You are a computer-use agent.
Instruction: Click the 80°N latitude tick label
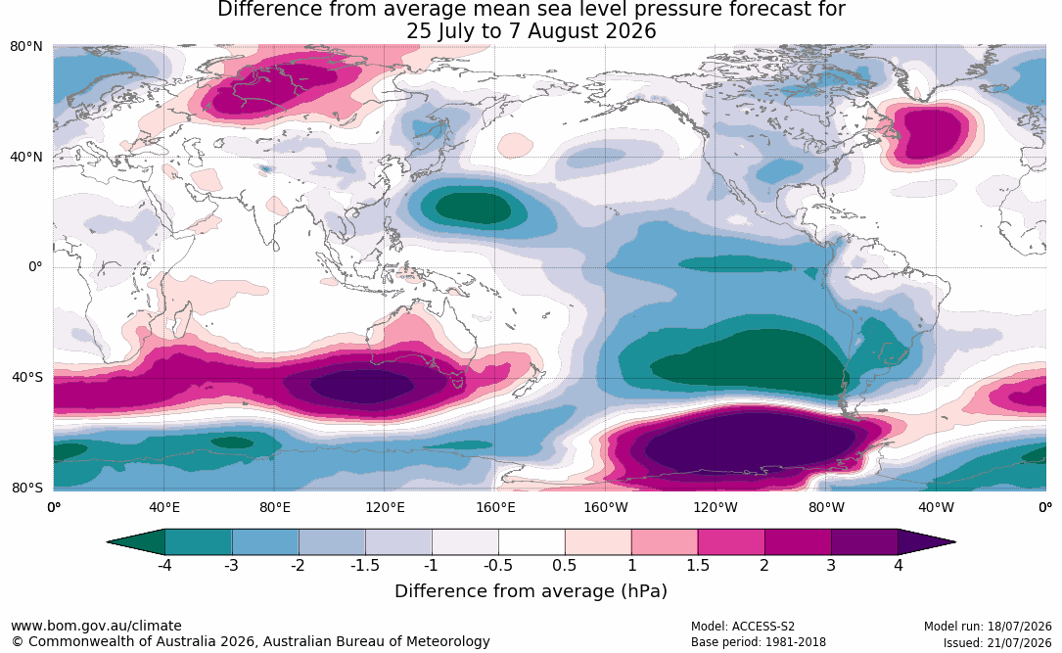coord(25,47)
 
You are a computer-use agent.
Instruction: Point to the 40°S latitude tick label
coord(27,377)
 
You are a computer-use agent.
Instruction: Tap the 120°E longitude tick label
coord(385,507)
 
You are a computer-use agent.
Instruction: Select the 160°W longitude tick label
coord(606,507)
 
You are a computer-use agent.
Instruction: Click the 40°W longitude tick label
coord(936,507)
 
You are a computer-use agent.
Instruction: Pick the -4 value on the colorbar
coord(163,565)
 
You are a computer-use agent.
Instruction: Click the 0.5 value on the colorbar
coord(564,565)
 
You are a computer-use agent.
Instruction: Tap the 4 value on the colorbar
coord(899,565)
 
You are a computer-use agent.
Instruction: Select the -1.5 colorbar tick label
coord(364,565)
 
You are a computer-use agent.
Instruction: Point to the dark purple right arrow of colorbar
coord(926,542)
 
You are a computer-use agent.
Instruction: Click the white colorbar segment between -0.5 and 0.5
coord(531,542)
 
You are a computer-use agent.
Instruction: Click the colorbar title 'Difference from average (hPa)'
coord(531,591)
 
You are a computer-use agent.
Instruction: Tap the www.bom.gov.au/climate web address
coord(96,626)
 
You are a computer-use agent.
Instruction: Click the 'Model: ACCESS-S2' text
coord(743,627)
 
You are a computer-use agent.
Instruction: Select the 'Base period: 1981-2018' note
coord(759,642)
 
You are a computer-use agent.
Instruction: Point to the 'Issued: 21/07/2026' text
coord(997,642)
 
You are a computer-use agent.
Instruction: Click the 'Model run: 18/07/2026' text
coord(988,627)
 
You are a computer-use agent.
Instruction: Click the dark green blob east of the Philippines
coord(473,207)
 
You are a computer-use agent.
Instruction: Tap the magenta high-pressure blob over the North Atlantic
coord(931,133)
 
